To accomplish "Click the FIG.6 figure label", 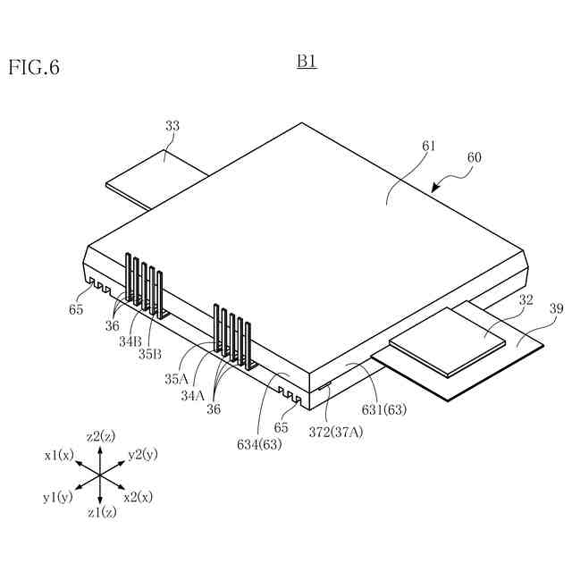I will point(34,67).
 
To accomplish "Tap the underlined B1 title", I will point(307,63).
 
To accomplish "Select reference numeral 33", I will point(172,126).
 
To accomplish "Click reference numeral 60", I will point(474,157).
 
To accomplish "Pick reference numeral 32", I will point(526,300).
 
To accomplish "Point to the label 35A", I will point(175,378).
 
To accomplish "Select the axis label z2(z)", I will point(100,436).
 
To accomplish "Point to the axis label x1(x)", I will point(60,455).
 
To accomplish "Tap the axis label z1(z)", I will point(100,513).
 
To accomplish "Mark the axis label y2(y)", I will point(142,455).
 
